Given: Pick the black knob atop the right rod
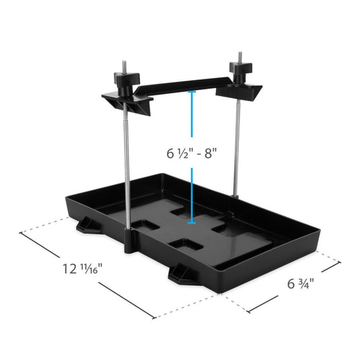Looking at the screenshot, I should coord(238,70).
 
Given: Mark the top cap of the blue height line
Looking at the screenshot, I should coord(192,92).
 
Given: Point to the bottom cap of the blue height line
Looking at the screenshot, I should coord(192,220).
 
